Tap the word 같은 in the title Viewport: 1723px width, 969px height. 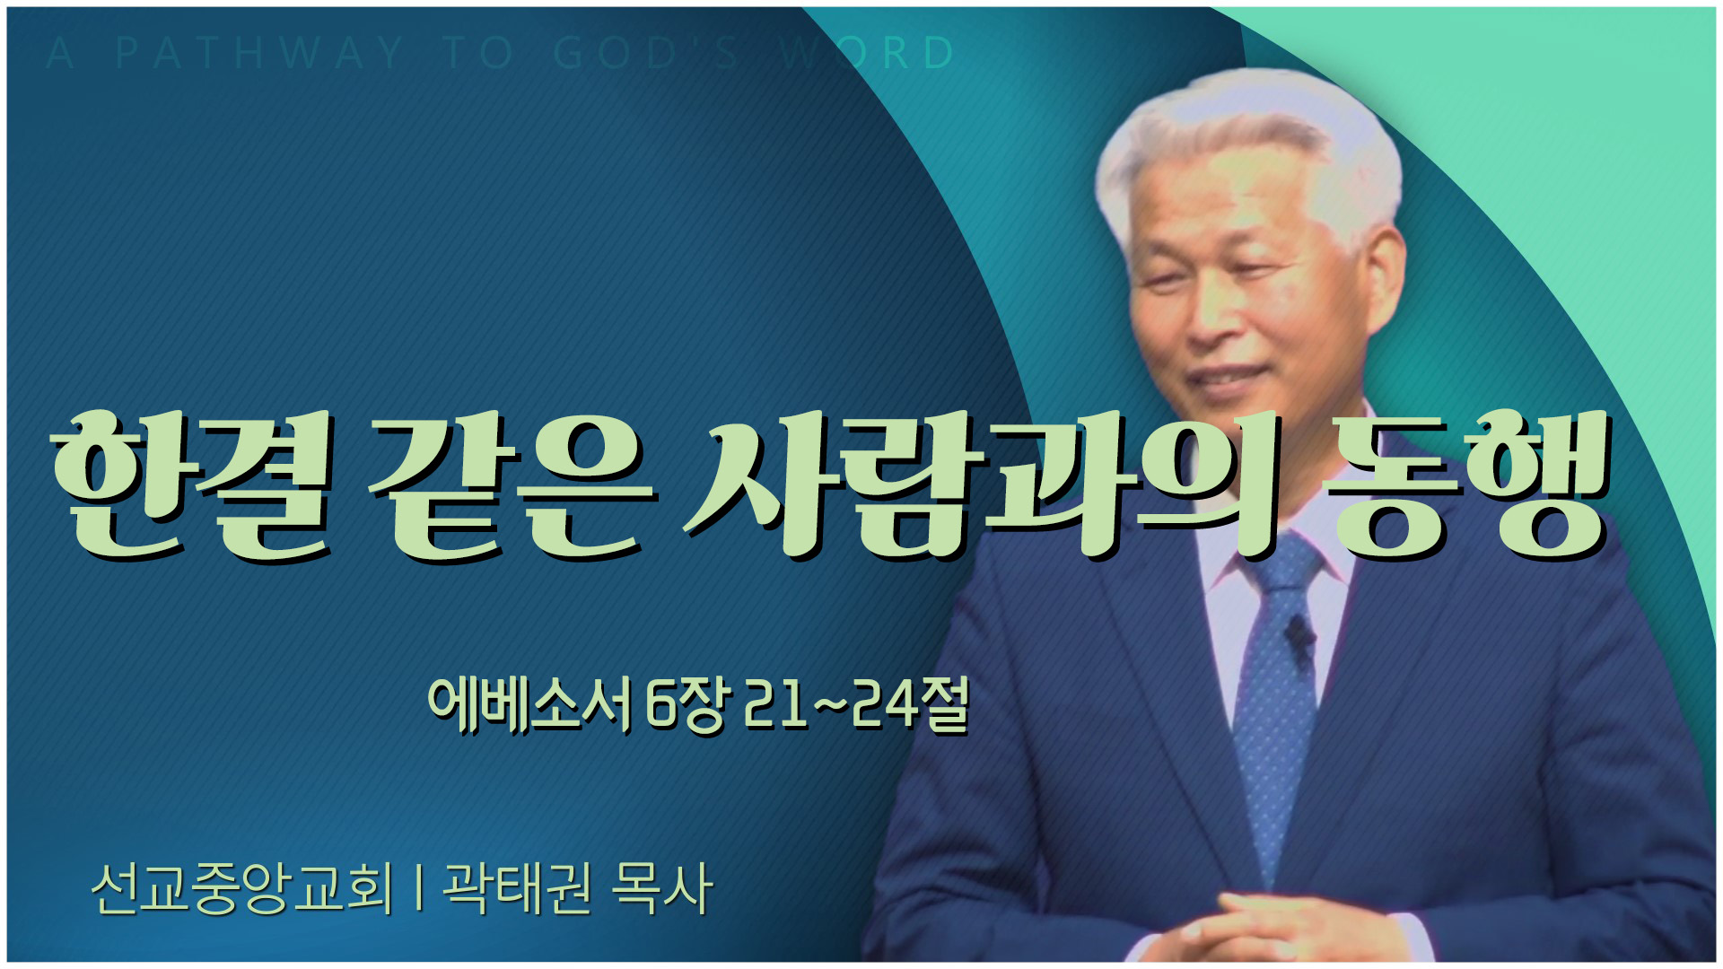(x=512, y=484)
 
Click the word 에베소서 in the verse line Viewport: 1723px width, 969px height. (x=530, y=704)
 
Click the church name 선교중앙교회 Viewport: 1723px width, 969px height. (x=242, y=888)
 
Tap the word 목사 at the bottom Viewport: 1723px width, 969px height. (x=661, y=888)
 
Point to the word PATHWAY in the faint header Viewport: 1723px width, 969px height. (x=260, y=53)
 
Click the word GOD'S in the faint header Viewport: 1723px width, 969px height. (x=646, y=53)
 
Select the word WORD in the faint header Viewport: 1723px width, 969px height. (x=867, y=53)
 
